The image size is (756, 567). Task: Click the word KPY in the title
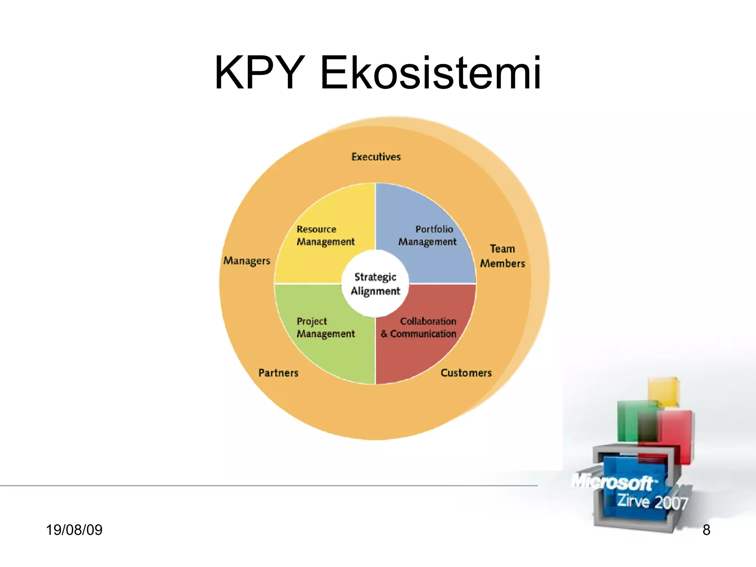pyautogui.click(x=260, y=73)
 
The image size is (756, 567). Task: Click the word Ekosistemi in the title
pyautogui.click(x=430, y=73)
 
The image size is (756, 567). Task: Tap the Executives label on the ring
pyautogui.click(x=376, y=157)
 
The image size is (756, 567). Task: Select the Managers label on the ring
pyautogui.click(x=247, y=261)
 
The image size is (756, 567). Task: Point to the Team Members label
pyautogui.click(x=502, y=256)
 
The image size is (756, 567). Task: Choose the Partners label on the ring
pyautogui.click(x=278, y=373)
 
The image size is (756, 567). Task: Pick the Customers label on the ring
pyautogui.click(x=466, y=373)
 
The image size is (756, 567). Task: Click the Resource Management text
pyautogui.click(x=325, y=236)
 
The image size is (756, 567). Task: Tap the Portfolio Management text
pyautogui.click(x=427, y=236)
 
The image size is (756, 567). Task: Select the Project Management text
pyautogui.click(x=325, y=327)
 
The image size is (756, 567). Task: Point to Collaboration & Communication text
pyautogui.click(x=419, y=327)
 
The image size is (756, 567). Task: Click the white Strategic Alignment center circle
pyautogui.click(x=375, y=284)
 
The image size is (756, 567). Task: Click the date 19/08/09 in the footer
pyautogui.click(x=74, y=530)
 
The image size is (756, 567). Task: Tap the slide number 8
pyautogui.click(x=706, y=530)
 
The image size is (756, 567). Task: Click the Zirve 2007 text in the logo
pyautogui.click(x=652, y=502)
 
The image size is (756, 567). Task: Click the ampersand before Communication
pyautogui.click(x=384, y=334)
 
